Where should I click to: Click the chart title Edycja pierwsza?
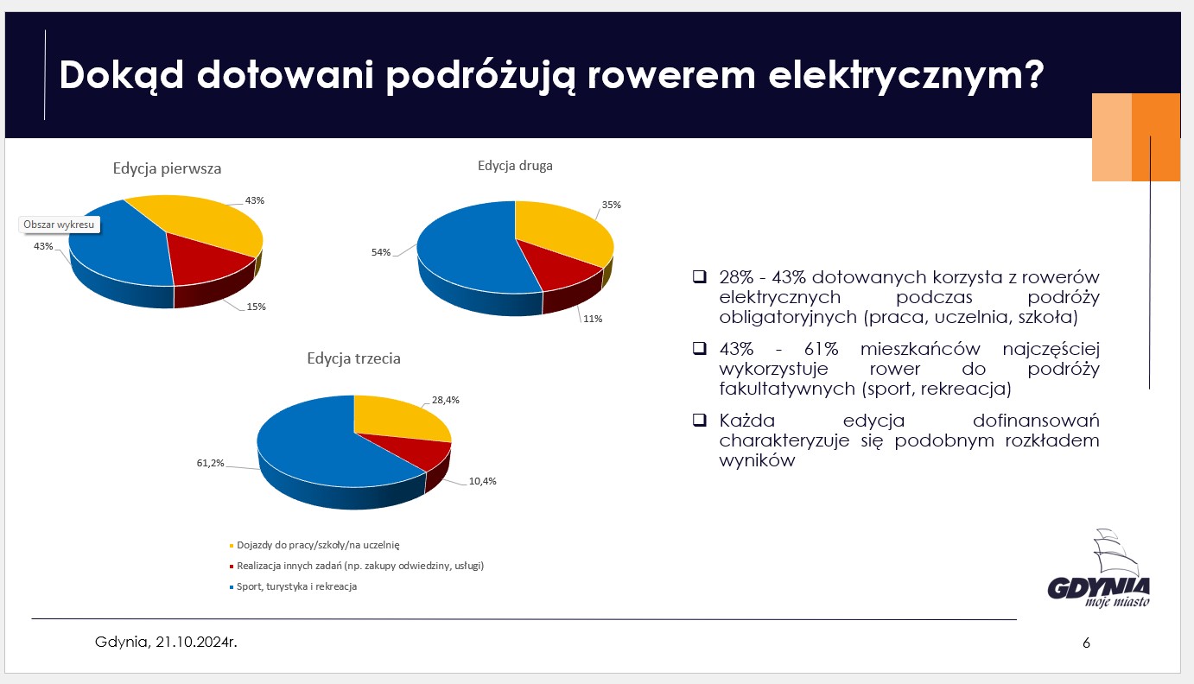pos(167,168)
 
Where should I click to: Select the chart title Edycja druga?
pos(515,165)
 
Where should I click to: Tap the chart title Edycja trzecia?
pos(353,358)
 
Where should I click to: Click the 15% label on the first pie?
pos(256,307)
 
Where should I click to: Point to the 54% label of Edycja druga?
pos(382,252)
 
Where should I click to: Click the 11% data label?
pos(593,319)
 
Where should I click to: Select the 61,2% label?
pos(210,464)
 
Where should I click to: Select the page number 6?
pos(1086,643)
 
